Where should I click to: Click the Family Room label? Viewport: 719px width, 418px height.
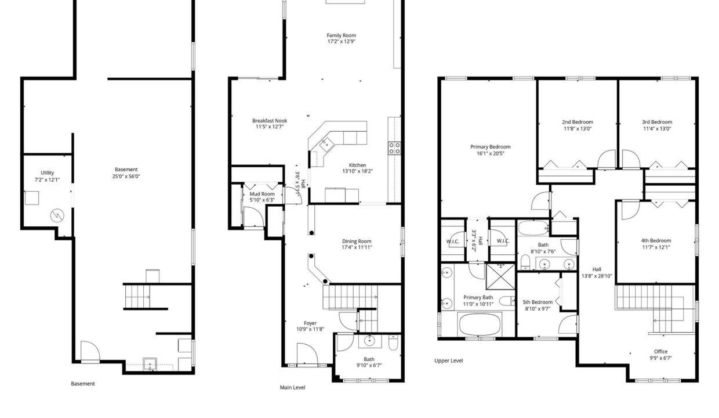click(x=341, y=35)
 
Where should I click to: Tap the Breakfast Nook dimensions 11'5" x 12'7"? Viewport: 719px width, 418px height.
click(x=270, y=127)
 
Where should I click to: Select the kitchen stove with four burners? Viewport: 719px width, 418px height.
click(x=394, y=148)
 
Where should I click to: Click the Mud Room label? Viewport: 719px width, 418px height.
click(x=262, y=194)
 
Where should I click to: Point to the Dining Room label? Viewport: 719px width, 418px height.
click(x=357, y=242)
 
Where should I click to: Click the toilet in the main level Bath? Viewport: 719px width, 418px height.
click(x=393, y=342)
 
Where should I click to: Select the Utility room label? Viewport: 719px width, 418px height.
click(x=47, y=173)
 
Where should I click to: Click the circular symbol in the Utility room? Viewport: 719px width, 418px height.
click(x=57, y=215)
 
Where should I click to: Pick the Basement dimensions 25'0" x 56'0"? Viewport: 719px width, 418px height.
click(x=126, y=176)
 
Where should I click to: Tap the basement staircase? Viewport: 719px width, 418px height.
click(x=137, y=296)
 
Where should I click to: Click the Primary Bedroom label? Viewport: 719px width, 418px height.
click(x=490, y=147)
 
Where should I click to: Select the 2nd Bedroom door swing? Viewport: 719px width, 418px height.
click(x=607, y=158)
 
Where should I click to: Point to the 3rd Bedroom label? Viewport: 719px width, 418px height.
click(x=657, y=122)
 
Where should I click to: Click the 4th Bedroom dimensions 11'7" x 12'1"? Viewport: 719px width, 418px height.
click(x=656, y=247)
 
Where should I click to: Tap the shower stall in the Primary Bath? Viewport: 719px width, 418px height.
click(x=501, y=276)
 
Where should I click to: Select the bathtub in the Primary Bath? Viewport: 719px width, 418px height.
click(x=480, y=325)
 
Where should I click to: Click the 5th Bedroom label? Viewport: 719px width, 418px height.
click(x=538, y=302)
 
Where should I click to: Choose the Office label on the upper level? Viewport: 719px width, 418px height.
click(x=660, y=352)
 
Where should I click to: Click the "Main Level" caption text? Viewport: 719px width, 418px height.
click(x=292, y=387)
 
